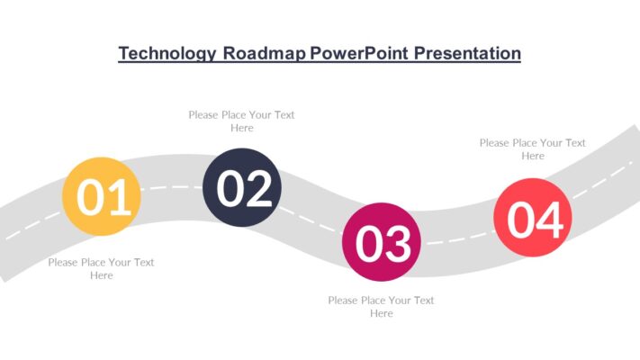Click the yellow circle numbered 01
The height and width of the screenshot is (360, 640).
[x=101, y=196]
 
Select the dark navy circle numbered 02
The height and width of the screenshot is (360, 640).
[x=242, y=187]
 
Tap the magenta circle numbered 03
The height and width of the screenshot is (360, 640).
[x=382, y=241]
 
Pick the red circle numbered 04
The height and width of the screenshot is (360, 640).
[x=533, y=217]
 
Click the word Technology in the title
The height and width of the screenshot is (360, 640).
[x=167, y=54]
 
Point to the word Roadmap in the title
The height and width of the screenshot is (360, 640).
[x=263, y=54]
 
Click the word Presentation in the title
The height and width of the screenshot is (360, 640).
[x=467, y=54]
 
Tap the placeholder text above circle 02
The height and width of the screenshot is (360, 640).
[x=241, y=121]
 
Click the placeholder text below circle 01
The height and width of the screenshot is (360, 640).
[x=101, y=268]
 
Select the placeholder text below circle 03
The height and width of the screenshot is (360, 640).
[x=381, y=306]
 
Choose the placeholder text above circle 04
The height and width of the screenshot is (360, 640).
[x=532, y=148]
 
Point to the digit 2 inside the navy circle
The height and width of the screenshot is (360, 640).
[x=258, y=189]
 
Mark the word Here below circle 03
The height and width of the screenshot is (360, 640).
[x=381, y=313]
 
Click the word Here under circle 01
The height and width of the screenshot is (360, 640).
[x=101, y=275]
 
